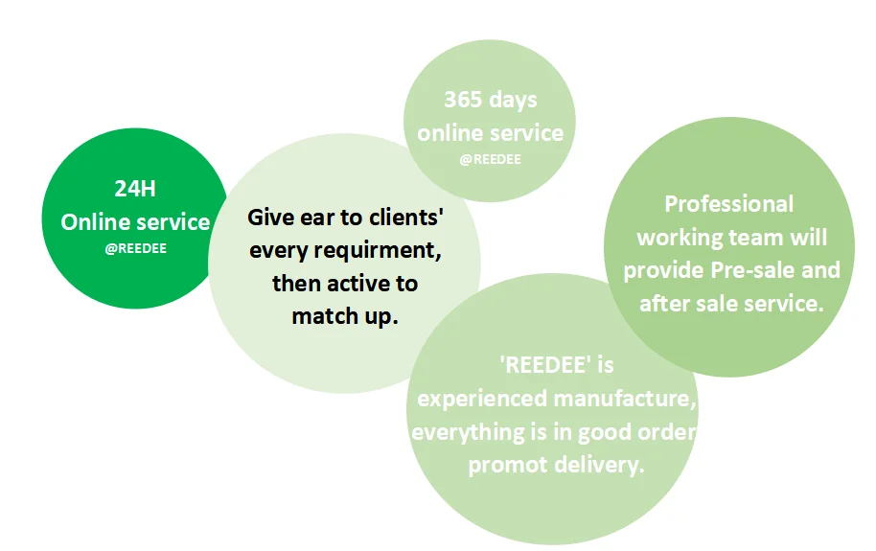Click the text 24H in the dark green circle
point(135,189)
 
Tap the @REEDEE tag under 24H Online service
point(135,247)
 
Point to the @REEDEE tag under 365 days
point(491,159)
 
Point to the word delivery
point(596,465)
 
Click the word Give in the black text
point(270,217)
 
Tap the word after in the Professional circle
point(664,304)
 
